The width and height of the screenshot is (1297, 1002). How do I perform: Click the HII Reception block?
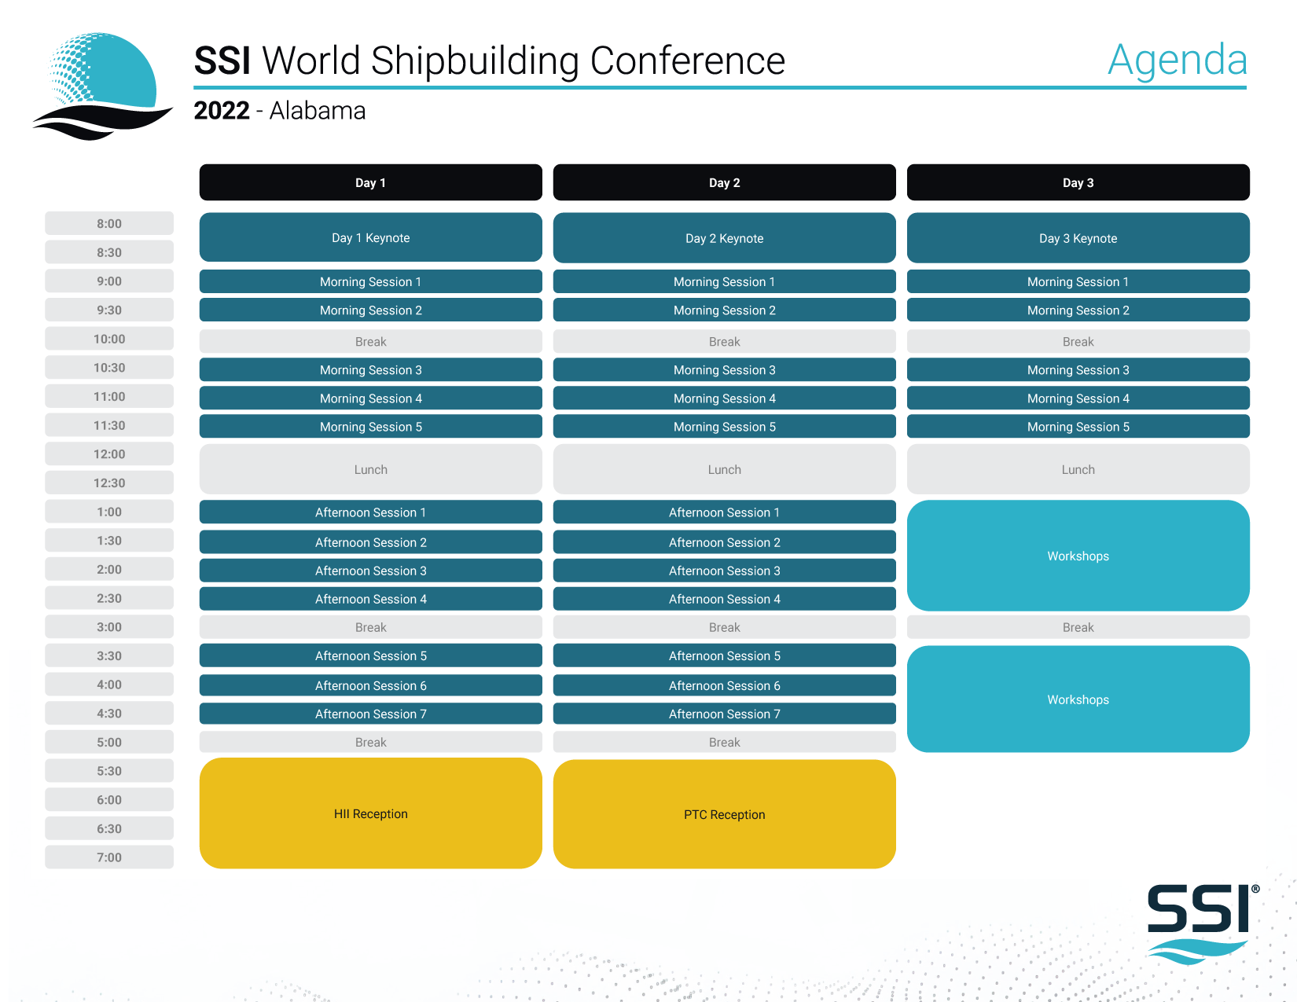coord(371,813)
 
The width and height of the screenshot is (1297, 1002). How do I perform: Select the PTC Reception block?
coord(724,814)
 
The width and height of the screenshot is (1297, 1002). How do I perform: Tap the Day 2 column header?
coord(724,182)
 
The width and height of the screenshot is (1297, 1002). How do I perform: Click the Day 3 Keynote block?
coord(1078,238)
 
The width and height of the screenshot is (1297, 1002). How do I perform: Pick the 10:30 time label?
coord(109,368)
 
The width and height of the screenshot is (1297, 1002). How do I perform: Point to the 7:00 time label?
coord(109,857)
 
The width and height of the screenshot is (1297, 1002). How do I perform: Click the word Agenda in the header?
coord(1177,61)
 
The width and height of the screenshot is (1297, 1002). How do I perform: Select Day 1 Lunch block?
coord(371,469)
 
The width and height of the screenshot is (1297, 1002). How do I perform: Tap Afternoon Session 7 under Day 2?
coord(724,714)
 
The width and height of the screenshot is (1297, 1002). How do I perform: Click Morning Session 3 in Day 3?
coord(1078,369)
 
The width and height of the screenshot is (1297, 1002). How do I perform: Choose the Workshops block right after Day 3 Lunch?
coord(1078,556)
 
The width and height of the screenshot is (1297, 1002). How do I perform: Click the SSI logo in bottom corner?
coord(1202,924)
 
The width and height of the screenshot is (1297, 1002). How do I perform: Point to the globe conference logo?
coord(102,86)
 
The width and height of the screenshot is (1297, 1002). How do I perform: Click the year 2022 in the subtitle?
coord(222,110)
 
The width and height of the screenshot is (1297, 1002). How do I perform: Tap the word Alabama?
coord(317,110)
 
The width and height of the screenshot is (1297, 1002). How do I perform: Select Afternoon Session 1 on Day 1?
coord(371,512)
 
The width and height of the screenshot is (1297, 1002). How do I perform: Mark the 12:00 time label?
coord(109,454)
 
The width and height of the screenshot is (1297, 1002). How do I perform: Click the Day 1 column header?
coord(371,182)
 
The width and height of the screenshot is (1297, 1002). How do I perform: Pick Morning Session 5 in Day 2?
coord(724,426)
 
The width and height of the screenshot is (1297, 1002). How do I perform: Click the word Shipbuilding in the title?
coord(475,61)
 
